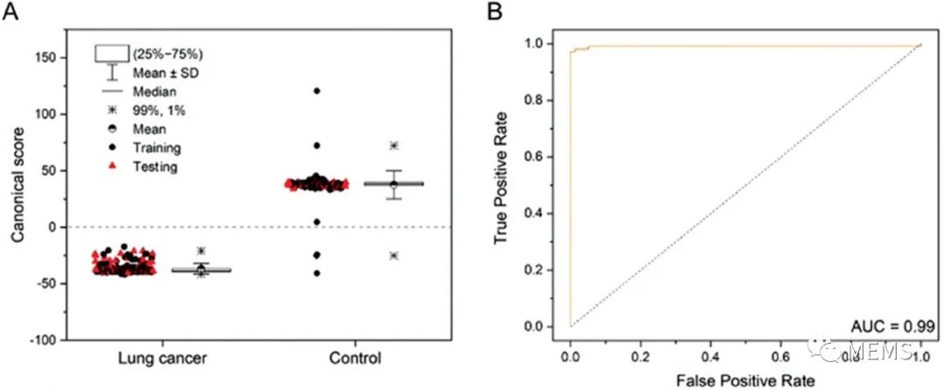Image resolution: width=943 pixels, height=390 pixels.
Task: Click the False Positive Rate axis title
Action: [x=746, y=380]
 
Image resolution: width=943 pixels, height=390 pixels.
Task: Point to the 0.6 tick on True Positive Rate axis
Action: [x=544, y=156]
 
